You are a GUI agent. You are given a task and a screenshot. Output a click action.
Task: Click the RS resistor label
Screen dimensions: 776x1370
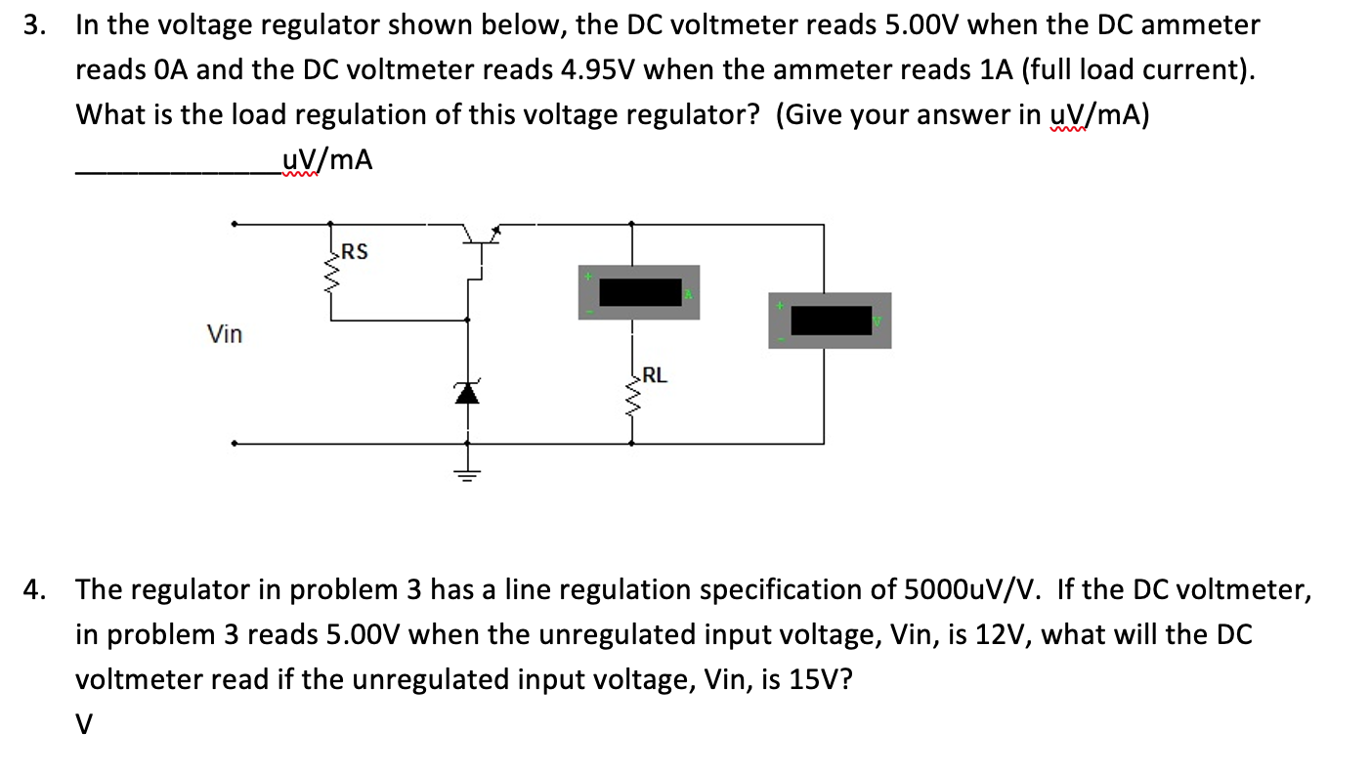[x=355, y=252]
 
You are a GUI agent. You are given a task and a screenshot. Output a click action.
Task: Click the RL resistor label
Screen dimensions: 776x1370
[x=656, y=374]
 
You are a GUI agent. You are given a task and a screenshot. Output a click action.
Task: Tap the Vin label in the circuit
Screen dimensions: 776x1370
[x=225, y=334]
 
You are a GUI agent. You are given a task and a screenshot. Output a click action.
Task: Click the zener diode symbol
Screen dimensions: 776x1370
[x=467, y=392]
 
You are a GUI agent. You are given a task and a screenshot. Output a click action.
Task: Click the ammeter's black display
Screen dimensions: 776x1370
[x=640, y=292]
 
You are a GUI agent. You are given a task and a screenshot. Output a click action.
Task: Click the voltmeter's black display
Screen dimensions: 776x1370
[x=831, y=320]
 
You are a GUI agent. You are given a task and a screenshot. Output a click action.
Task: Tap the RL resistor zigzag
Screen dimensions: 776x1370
[x=631, y=396]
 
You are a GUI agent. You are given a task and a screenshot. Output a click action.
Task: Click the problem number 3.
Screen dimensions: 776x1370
[x=34, y=24]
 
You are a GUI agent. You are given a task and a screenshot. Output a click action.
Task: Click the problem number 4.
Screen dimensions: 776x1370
[x=34, y=589]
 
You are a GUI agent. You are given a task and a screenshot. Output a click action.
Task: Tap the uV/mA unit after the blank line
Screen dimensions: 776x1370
[x=326, y=159]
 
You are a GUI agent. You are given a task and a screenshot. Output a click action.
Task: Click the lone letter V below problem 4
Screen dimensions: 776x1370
[x=85, y=724]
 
